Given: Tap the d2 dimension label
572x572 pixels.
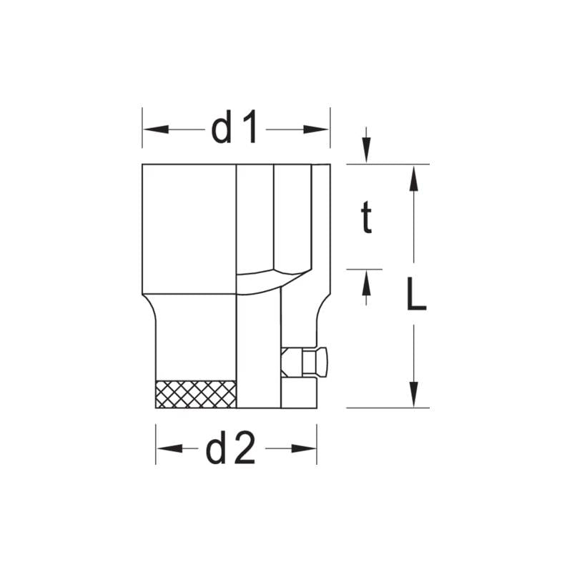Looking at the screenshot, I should point(230,449).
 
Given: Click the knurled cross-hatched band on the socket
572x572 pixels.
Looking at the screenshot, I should point(196,394).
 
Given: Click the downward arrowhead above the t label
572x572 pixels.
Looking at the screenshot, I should point(366,152).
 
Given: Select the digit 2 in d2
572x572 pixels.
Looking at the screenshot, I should point(245,449).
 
